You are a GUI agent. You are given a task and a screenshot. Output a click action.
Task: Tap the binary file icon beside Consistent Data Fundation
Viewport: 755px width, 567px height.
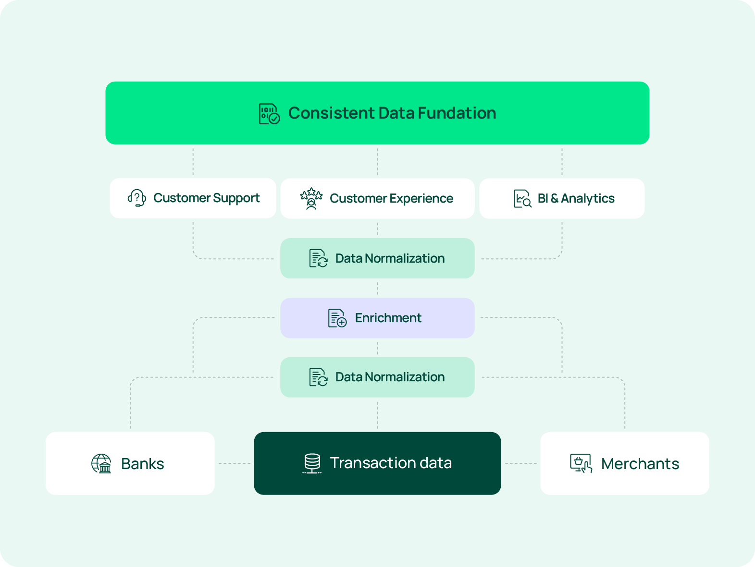269,114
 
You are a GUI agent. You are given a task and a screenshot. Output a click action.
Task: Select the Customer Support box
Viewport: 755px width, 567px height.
193,198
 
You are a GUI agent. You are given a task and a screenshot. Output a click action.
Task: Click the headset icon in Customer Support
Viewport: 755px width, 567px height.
137,198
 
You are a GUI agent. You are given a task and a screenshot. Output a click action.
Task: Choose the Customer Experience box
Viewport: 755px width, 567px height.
377,198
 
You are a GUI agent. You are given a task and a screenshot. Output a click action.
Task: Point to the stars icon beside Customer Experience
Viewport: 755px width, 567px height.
311,198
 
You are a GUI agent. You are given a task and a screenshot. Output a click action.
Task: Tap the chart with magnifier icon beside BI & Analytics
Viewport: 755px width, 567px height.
522,198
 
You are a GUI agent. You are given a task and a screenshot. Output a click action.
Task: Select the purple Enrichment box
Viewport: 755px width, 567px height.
377,318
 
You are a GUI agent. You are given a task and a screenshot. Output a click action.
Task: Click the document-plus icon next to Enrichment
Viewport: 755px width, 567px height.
337,318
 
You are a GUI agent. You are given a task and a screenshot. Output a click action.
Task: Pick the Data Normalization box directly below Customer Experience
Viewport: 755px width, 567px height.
377,258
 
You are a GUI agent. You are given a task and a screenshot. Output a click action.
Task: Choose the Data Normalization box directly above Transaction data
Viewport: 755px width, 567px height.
377,377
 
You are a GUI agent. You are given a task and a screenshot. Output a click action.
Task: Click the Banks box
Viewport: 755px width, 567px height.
130,463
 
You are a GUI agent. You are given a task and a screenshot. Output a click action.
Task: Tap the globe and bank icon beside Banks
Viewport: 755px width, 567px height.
101,464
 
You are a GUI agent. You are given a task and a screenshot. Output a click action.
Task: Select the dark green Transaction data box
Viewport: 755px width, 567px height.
377,463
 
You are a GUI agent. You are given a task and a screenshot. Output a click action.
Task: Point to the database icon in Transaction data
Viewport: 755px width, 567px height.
312,463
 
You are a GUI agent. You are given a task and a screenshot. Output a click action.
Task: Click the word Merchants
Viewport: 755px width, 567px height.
640,464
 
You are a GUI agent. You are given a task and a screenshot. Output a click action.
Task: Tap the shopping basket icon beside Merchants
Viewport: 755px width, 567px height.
581,463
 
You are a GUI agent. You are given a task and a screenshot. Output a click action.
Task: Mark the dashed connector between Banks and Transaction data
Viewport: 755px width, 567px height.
235,463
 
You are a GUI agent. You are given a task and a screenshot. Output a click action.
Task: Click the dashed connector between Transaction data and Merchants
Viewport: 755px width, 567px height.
520,463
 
